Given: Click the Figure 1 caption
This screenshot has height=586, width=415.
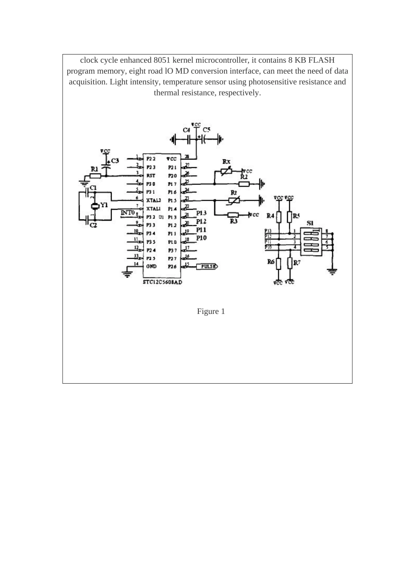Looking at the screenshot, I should click(x=211, y=311).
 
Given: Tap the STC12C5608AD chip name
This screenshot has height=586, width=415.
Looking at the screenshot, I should click(x=162, y=282).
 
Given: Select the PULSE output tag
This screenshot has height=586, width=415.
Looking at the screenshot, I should click(x=207, y=266).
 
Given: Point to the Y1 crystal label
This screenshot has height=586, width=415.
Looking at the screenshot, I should click(x=104, y=204).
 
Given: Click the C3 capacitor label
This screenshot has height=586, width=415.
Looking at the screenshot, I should click(x=115, y=160).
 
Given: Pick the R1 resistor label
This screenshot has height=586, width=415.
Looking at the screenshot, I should click(x=93, y=169).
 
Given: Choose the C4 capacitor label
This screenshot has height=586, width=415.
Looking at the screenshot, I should click(x=186, y=130).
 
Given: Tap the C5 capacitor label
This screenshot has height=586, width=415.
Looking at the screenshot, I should click(x=206, y=130).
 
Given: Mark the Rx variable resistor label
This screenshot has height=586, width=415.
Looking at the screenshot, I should click(x=226, y=161).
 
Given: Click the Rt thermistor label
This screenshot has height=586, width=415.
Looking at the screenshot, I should click(x=233, y=192).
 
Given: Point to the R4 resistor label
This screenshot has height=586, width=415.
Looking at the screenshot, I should click(x=270, y=216).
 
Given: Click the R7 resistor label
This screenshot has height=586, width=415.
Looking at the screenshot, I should click(x=297, y=262).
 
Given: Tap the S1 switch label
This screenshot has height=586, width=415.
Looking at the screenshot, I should click(x=310, y=223).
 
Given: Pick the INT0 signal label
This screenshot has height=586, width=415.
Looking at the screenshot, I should click(x=128, y=212).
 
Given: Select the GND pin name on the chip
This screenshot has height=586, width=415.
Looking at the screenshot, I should click(x=151, y=266).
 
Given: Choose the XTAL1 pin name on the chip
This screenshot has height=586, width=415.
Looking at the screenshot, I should click(x=153, y=209).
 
